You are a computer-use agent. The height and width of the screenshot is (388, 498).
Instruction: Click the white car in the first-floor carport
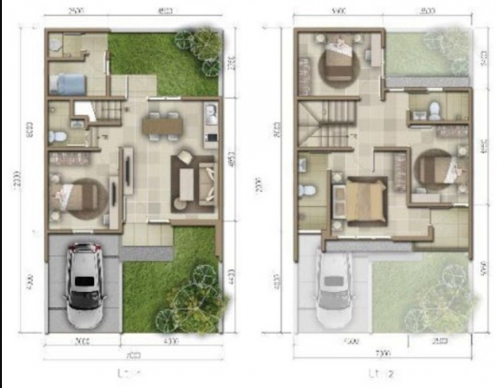click(x=83, y=284)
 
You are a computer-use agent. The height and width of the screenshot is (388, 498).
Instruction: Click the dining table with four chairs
click(x=162, y=126)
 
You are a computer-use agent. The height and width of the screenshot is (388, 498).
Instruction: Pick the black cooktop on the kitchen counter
click(x=211, y=136)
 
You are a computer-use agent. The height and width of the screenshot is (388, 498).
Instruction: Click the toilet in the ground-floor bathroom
click(x=57, y=136)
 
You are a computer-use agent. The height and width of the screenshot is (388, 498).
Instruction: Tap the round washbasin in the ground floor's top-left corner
click(x=55, y=44)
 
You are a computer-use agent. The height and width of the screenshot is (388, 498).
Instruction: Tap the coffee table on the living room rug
click(x=186, y=180)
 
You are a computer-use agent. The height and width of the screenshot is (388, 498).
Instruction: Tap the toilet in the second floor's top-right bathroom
click(x=435, y=111)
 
